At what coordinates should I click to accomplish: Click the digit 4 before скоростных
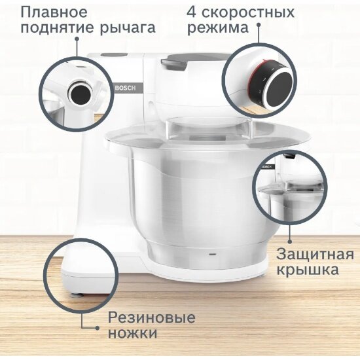192,12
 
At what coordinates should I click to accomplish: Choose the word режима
218,29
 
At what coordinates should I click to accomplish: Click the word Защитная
315,254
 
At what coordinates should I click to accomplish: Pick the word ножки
132,333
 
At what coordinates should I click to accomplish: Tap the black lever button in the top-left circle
82,92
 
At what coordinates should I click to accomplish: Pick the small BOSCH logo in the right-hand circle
266,168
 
